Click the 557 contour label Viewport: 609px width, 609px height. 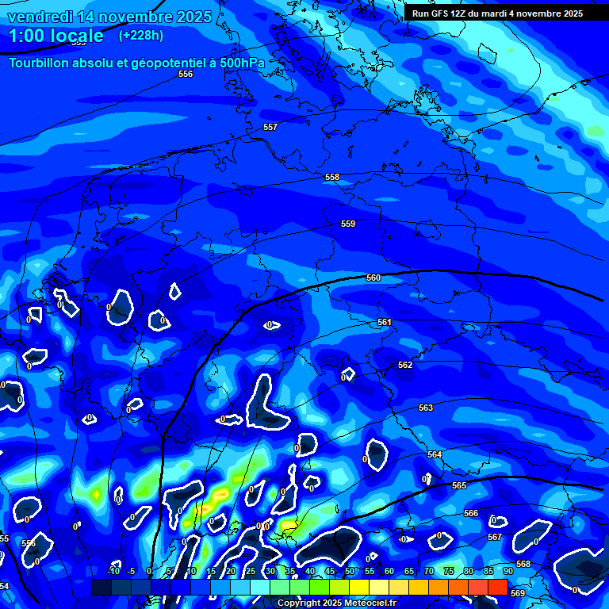[x=270, y=127]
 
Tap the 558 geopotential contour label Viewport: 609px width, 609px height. [x=332, y=177]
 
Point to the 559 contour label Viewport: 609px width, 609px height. [x=348, y=224]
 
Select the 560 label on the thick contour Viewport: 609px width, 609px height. [x=373, y=278]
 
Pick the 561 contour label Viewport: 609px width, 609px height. [x=385, y=322]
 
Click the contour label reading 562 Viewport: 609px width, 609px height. [x=405, y=365]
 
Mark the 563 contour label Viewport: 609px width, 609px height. [x=426, y=408]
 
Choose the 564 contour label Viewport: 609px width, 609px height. [x=435, y=454]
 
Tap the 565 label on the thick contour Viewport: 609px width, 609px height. [x=459, y=485]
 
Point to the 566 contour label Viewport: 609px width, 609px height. [x=471, y=513]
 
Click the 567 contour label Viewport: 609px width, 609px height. [x=495, y=537]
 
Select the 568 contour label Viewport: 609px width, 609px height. [x=523, y=564]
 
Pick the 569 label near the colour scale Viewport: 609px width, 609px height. [x=518, y=592]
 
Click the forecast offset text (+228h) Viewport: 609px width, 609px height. [x=141, y=35]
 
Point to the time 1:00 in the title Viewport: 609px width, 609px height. [x=28, y=36]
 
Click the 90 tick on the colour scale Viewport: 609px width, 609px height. [x=508, y=571]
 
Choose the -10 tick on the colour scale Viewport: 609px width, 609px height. [x=113, y=571]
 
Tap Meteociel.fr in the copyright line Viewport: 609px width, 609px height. [x=370, y=603]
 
